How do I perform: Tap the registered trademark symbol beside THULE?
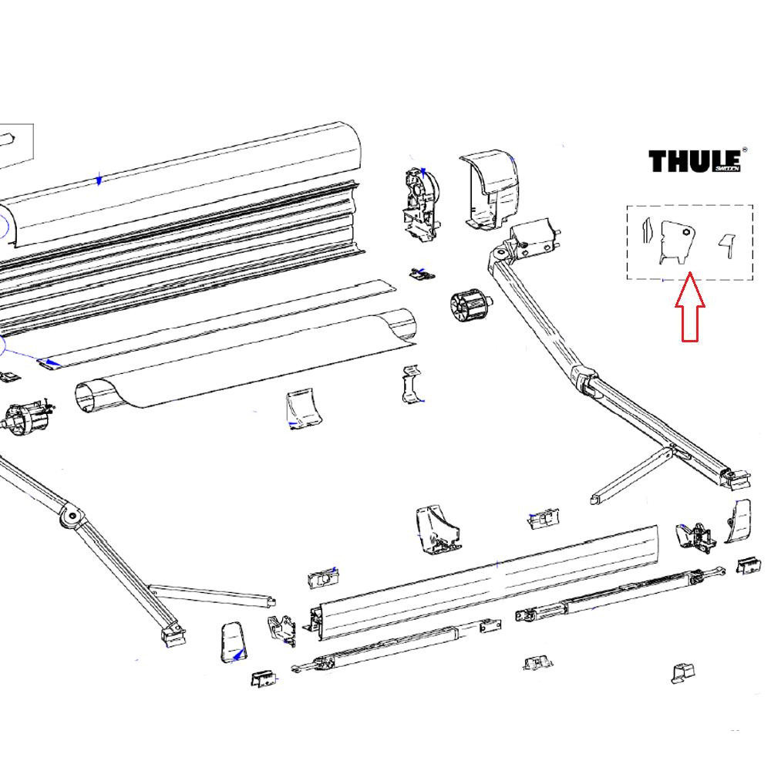pyautogui.click(x=744, y=151)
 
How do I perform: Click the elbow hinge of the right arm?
pyautogui.click(x=586, y=379)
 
